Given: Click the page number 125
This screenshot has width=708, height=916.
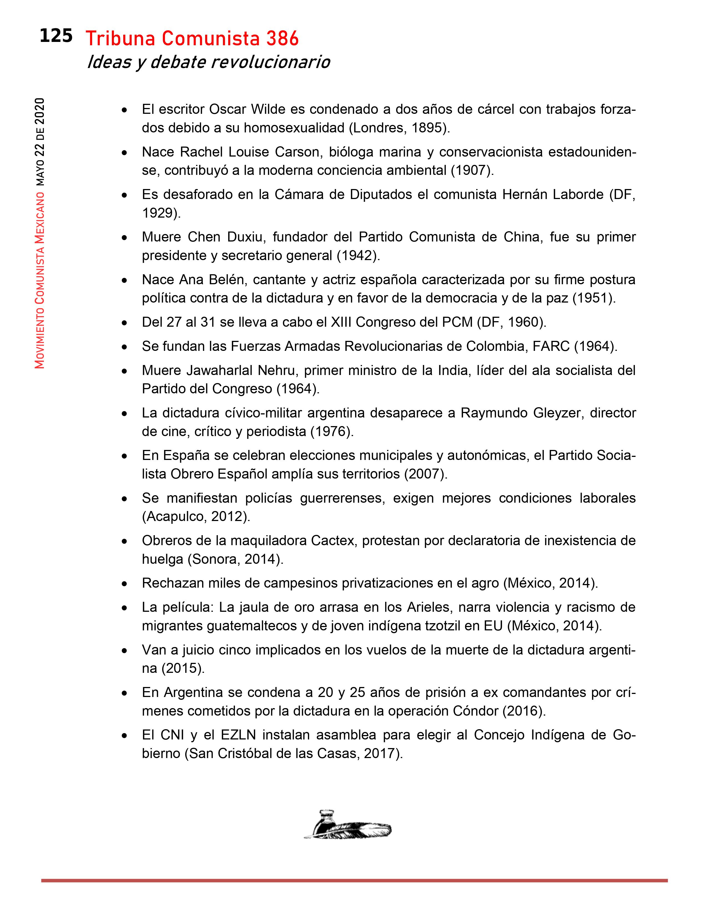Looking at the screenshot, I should point(56,36).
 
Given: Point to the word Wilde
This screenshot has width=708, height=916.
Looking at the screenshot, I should point(267,109).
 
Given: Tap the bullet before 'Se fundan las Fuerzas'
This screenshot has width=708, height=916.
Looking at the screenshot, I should point(124,347).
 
